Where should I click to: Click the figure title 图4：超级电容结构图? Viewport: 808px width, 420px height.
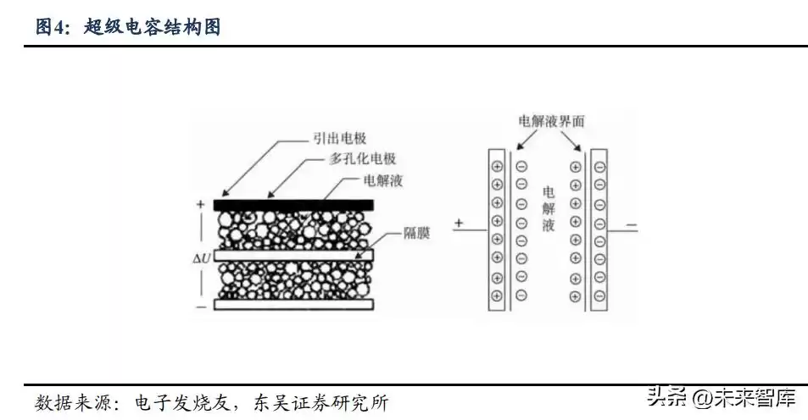[128, 27]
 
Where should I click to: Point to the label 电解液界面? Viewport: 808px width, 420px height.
[551, 122]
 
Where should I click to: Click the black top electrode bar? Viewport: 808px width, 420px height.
[293, 204]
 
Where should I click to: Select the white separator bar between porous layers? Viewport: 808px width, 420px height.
[293, 254]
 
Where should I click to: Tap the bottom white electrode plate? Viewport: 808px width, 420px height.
[293, 303]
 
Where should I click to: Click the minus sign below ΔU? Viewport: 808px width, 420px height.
[201, 306]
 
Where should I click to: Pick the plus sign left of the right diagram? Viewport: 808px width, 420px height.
[459, 224]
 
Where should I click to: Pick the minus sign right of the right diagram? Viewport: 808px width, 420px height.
[632, 225]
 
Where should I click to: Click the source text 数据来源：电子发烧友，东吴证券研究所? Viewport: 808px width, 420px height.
[212, 401]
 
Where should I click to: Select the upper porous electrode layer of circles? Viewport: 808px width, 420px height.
[293, 229]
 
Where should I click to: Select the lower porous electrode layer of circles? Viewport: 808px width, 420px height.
[293, 279]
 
